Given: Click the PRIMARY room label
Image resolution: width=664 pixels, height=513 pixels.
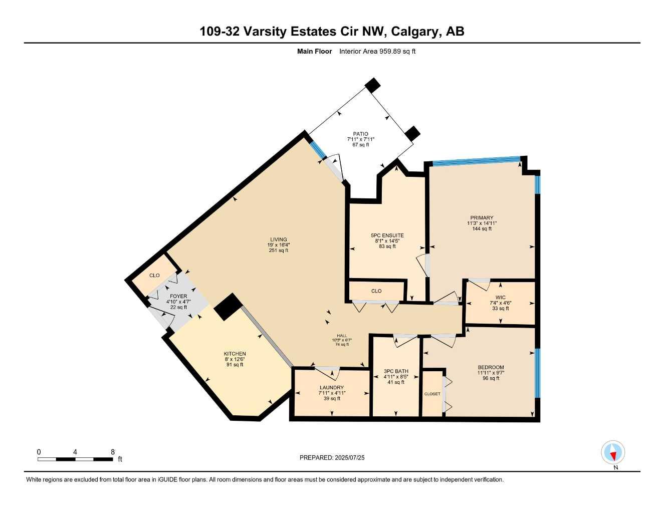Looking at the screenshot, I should [482, 218].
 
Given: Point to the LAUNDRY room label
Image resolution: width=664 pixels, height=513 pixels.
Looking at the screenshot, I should [331, 388].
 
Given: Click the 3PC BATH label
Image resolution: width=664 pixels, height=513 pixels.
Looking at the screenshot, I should [396, 371].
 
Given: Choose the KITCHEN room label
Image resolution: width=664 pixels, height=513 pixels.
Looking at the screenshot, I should [235, 354].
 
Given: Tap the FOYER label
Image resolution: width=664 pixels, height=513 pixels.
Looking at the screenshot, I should [178, 296].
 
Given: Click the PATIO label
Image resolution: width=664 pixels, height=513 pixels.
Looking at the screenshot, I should [360, 134].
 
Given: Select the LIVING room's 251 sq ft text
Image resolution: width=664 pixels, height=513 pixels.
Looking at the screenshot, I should [279, 250].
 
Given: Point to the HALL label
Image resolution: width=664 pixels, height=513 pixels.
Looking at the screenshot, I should [342, 336].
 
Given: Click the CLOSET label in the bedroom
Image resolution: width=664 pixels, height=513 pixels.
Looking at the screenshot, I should [432, 394].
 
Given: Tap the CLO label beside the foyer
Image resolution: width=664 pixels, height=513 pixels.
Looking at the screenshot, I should [154, 276].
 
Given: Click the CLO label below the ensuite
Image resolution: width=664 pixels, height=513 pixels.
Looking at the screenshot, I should [376, 291].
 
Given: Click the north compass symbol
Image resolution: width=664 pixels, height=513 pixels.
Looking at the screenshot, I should [613, 453].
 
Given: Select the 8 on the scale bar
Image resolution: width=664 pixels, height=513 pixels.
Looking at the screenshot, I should [113, 452].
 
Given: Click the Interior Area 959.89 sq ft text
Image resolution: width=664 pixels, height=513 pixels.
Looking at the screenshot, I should [377, 51].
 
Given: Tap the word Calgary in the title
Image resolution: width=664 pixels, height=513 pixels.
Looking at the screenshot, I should [415, 32].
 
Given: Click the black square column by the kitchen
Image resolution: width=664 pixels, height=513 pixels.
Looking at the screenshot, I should [228, 306].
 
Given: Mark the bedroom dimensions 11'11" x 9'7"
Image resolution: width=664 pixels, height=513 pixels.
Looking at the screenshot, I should [491, 373].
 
